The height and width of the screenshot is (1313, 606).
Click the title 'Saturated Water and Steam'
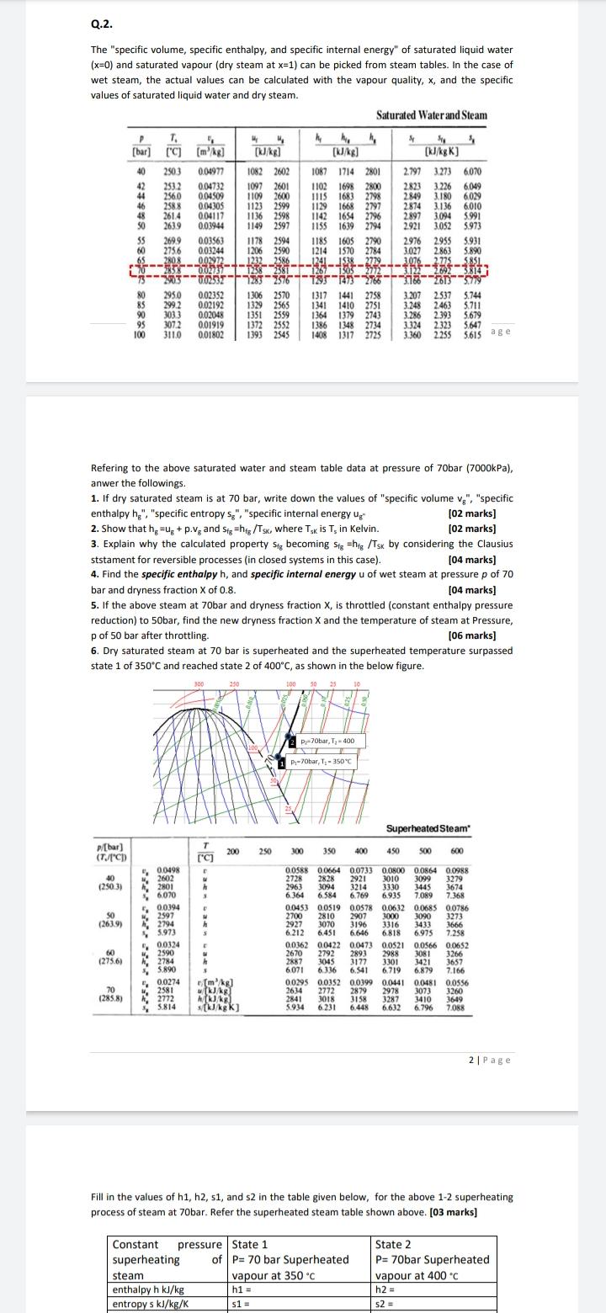(431, 115)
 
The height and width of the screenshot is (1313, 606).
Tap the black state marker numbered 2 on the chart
(292, 741)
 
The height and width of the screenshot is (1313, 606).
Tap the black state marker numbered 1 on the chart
(283, 762)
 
